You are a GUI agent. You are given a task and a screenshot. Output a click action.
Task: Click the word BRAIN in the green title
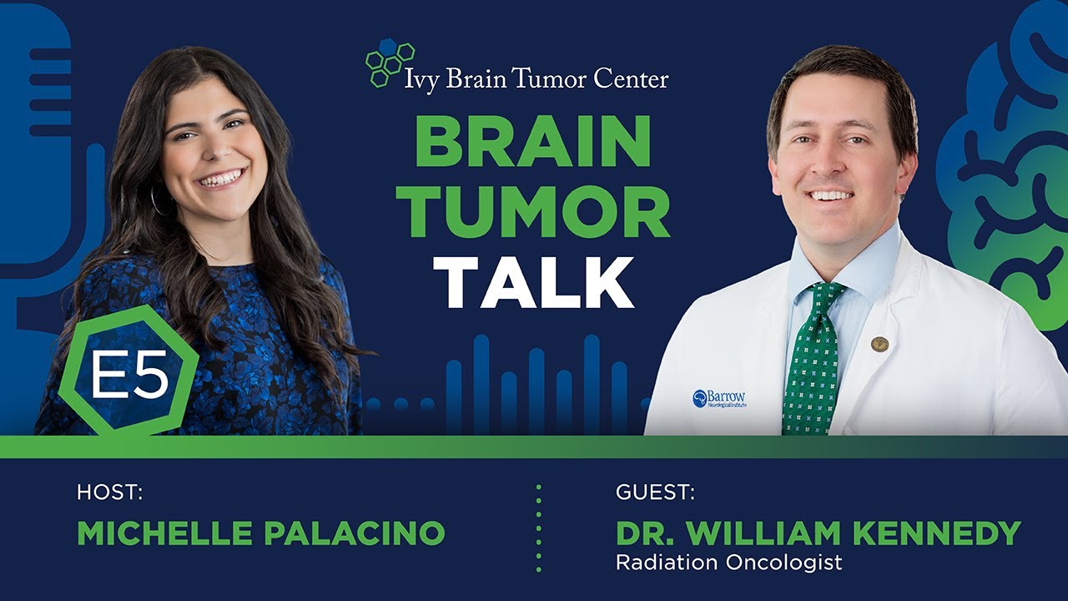532,143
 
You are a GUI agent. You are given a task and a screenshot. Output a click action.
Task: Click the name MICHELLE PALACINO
260,533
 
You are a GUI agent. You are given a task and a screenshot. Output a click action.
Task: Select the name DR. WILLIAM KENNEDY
818,533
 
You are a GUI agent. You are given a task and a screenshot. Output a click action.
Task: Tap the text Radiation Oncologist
728,563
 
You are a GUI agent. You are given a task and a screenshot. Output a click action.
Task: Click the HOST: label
109,492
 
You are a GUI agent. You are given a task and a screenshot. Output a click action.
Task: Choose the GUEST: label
655,492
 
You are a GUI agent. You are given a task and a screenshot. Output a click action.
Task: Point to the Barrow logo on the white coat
718,398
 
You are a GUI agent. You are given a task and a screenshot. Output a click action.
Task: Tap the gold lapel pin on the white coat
879,344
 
